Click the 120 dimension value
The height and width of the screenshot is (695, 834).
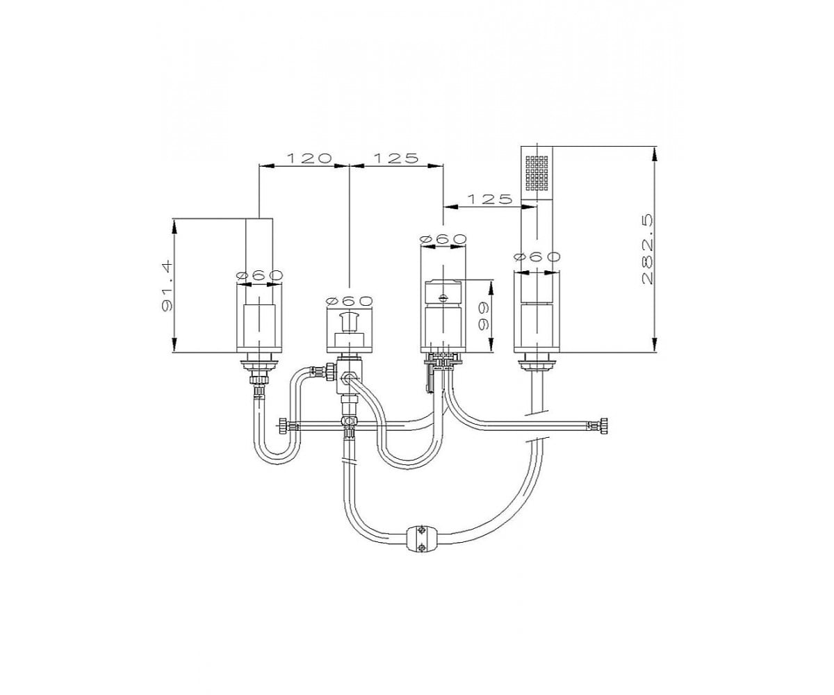pyautogui.click(x=309, y=158)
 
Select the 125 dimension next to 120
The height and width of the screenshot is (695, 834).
pyautogui.click(x=396, y=158)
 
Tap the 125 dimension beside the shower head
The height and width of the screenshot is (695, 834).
pyautogui.click(x=489, y=199)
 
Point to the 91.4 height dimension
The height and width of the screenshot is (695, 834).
pyautogui.click(x=166, y=286)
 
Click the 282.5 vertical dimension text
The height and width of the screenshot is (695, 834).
pyautogui.click(x=648, y=250)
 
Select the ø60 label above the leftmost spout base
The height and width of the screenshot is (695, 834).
pyautogui.click(x=260, y=275)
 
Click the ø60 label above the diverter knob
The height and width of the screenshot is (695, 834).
pyautogui.click(x=350, y=301)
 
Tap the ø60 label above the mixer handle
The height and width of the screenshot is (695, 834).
pyautogui.click(x=443, y=239)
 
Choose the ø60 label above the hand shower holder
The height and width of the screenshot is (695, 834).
pyautogui.click(x=537, y=257)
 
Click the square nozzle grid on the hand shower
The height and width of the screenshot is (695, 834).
pyautogui.click(x=537, y=173)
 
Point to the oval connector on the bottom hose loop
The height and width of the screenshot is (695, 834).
pyautogui.click(x=421, y=539)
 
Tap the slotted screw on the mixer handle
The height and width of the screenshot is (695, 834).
pyautogui.click(x=443, y=297)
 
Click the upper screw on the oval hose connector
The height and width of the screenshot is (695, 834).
pyautogui.click(x=421, y=530)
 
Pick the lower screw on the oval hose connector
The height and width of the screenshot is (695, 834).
pyautogui.click(x=421, y=547)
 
